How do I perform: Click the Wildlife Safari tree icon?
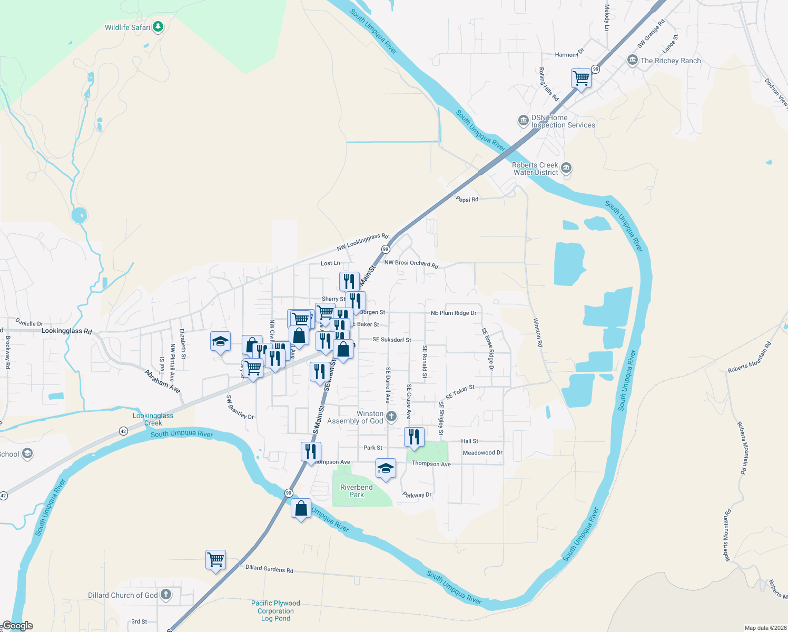coord(157,27)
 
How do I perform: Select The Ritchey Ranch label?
coord(671,61)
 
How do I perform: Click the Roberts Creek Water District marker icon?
coord(566,169)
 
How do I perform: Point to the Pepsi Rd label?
coord(467,200)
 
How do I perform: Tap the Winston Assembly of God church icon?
coord(391,417)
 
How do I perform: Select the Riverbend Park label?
coord(357,491)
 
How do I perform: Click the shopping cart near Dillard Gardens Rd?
coord(215,560)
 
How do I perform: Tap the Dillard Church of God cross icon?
coord(166,595)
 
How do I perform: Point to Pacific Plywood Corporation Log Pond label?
coord(275,610)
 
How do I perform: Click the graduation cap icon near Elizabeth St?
coord(220,342)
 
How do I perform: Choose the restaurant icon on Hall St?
coord(414,437)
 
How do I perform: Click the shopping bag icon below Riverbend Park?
coord(301,509)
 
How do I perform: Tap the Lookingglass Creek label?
coord(153,419)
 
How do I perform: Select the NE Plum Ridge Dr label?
coord(454,313)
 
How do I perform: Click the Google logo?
coord(17,626)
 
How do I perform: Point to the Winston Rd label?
coord(538,332)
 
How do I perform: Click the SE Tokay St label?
coord(460,392)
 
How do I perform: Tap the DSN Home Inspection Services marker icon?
coord(523,121)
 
